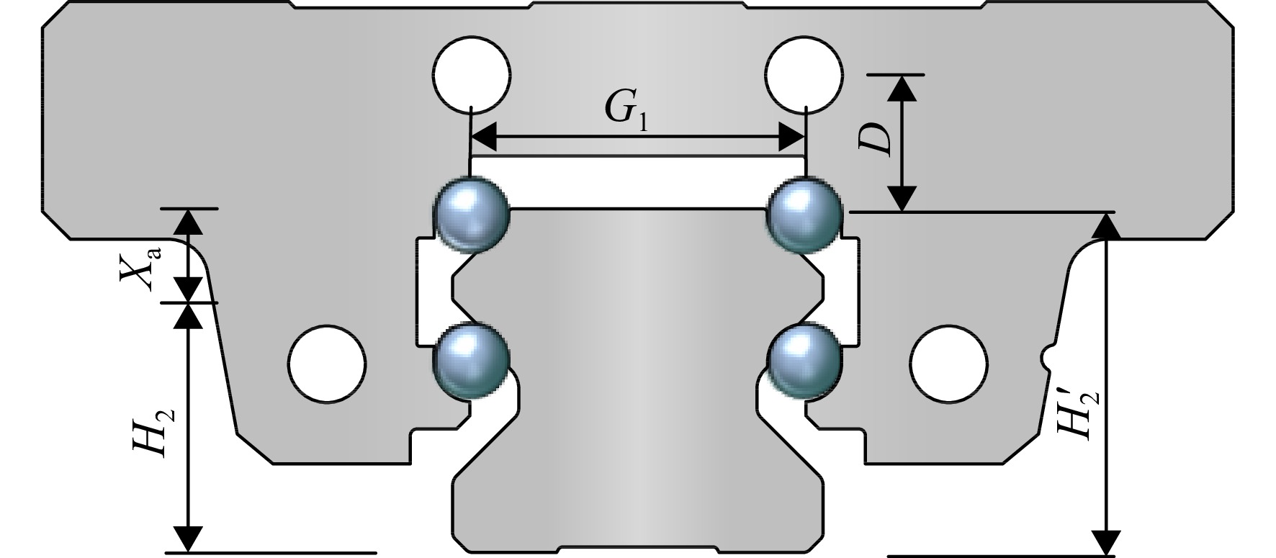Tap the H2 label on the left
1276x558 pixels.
(153, 428)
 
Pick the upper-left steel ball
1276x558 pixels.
(473, 215)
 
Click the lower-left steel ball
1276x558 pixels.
(473, 360)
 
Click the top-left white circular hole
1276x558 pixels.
(472, 73)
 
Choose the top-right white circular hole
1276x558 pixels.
(804, 73)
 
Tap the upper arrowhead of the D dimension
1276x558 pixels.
(901, 87)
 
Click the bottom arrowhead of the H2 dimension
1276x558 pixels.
(189, 539)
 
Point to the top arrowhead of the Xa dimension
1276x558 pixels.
(189, 222)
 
